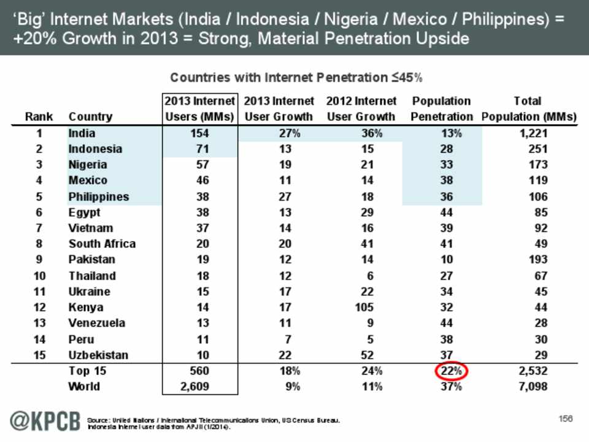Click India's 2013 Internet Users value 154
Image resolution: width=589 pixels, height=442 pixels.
point(199,133)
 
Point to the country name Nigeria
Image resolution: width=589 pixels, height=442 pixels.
point(88,165)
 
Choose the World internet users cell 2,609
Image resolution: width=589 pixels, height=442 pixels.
point(195,387)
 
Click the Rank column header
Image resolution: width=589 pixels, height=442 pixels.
point(39,117)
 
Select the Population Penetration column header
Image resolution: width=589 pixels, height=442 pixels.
point(442,109)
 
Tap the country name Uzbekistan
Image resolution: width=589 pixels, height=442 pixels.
point(98,355)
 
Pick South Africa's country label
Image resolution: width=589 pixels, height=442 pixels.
point(102,244)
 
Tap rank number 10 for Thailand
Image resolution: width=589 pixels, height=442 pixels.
point(39,276)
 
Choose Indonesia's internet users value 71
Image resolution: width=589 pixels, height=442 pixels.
point(203,149)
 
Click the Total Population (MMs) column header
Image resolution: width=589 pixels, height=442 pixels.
point(529,109)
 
